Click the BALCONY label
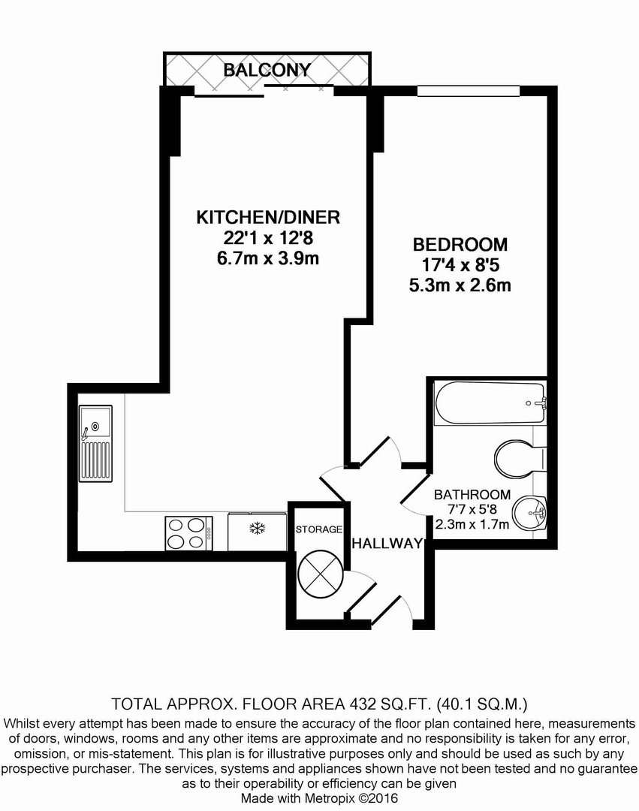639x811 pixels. tap(267, 70)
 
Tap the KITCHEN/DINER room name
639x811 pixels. tap(268, 217)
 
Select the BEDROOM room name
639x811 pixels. tap(460, 243)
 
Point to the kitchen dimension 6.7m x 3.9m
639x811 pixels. tap(268, 258)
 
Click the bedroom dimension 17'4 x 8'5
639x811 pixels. tap(460, 265)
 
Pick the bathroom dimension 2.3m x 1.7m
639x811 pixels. tap(472, 524)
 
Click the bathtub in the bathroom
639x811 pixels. tap(490, 403)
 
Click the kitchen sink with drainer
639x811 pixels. tap(95, 443)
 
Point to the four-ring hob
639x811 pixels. tap(188, 533)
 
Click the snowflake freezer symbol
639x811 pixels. tap(257, 529)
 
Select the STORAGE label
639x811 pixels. tap(319, 529)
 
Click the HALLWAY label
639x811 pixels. tap(387, 544)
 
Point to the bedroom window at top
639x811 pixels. tap(469, 91)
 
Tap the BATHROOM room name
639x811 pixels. tap(472, 495)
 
